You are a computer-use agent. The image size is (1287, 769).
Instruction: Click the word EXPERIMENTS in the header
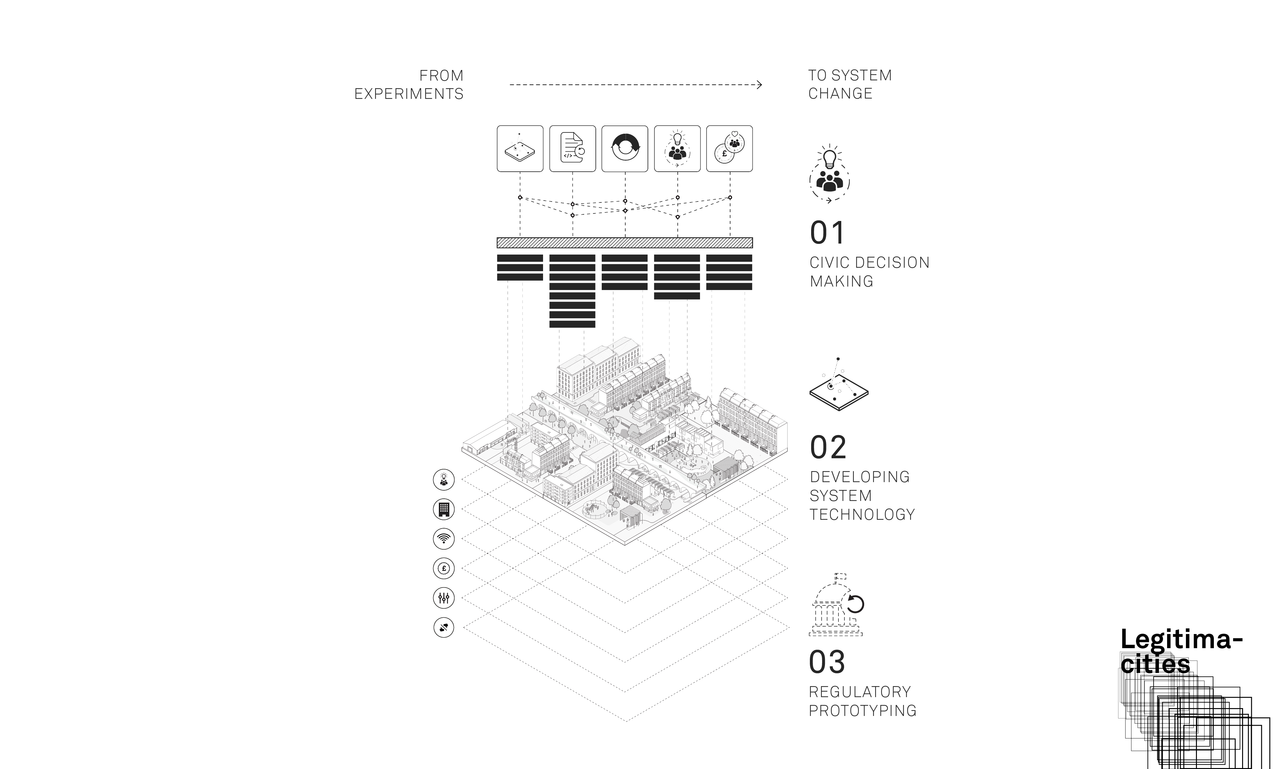[x=409, y=94]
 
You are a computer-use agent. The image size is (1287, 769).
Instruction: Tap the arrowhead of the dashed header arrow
[x=760, y=84]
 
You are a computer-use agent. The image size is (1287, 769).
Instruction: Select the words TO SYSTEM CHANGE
[x=850, y=84]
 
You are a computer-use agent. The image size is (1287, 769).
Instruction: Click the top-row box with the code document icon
[x=573, y=149]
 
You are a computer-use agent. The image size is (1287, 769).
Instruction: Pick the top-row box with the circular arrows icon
[x=625, y=149]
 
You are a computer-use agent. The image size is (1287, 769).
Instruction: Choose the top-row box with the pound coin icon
[x=730, y=149]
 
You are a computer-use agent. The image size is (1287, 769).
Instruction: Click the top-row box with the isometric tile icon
[x=520, y=149]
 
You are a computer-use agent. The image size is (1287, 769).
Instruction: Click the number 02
[x=828, y=448]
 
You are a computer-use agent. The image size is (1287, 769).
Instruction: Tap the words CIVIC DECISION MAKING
[x=870, y=272]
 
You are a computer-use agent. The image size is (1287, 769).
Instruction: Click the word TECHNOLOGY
[x=862, y=514]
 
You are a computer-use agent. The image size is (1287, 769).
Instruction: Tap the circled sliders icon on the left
[x=444, y=598]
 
